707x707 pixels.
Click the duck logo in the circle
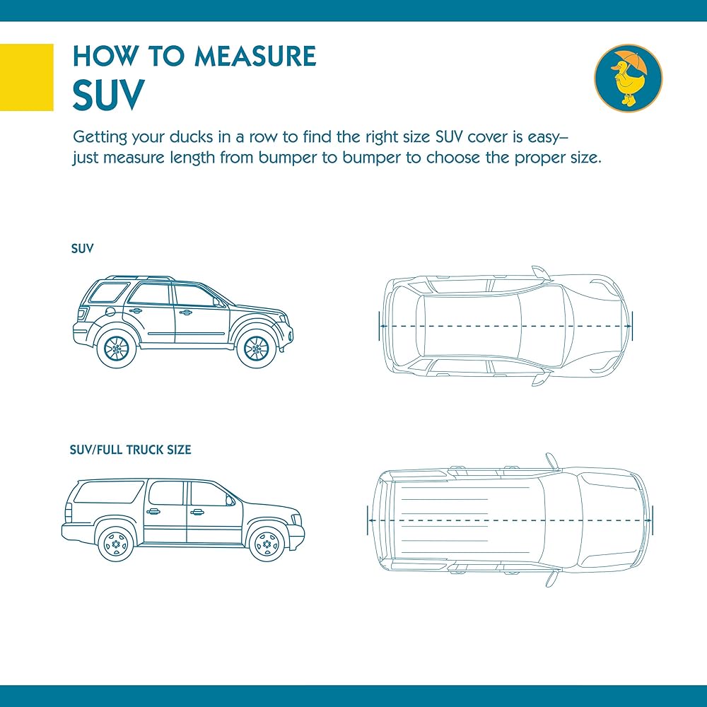coord(628,78)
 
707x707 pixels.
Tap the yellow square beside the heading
coord(27,77)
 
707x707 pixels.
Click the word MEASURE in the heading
coord(256,56)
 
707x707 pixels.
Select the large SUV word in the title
coord(109,95)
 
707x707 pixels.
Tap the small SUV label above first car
coord(82,248)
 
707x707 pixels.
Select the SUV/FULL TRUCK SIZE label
coord(130,450)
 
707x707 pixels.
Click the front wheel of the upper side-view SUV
coord(256,348)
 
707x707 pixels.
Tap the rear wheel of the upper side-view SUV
coord(117,348)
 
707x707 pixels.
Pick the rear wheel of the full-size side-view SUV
coord(116,543)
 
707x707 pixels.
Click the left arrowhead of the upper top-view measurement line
coord(382,325)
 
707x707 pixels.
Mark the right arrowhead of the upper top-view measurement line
coord(629,325)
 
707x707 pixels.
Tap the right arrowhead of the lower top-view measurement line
coord(649,520)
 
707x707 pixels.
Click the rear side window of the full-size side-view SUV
coord(109,492)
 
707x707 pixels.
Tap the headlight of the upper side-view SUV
coord(283,318)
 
